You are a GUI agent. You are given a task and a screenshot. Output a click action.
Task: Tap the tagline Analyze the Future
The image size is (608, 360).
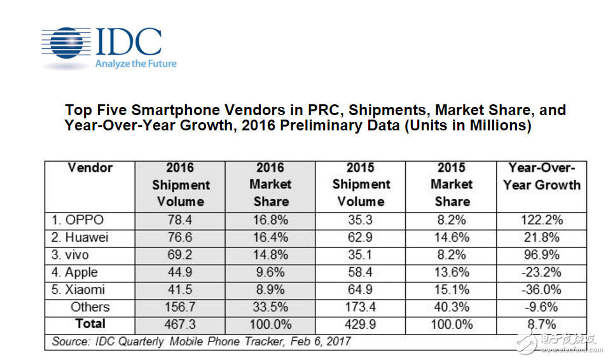pos(135,64)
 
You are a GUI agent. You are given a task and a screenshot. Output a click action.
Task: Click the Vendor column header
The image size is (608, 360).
pos(90,168)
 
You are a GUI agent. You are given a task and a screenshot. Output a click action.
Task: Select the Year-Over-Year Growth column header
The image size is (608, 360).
pos(541,177)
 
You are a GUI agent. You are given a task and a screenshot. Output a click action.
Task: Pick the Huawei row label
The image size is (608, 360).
pos(80,238)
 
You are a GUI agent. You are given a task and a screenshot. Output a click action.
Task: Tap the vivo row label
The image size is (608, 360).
pos(73,255)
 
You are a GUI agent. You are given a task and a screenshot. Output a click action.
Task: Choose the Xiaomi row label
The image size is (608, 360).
pos(79,289)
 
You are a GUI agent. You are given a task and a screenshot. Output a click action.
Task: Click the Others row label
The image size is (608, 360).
pos(90,307)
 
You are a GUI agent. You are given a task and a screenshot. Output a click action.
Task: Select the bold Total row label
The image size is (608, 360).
pos(90,324)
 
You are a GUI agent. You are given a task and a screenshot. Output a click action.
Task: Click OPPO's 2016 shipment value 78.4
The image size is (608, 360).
pos(179,220)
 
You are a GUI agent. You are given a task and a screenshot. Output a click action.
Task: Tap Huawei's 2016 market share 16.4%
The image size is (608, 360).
pos(270,238)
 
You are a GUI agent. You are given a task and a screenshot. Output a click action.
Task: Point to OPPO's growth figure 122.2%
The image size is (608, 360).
pos(541,220)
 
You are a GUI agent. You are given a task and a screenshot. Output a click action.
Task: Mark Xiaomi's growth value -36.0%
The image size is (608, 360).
pos(541,289)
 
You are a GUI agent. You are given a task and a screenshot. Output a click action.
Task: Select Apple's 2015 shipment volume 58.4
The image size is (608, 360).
pos(361,272)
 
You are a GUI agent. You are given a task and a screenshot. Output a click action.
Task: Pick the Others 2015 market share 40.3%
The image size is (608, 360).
pos(452,307)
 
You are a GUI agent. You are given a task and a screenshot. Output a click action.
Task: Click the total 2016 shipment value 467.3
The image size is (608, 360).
pos(179,324)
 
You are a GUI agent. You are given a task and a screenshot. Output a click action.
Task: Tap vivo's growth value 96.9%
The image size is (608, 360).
pos(541,255)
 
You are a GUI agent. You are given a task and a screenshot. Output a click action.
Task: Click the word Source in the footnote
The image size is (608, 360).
pos(69,342)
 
